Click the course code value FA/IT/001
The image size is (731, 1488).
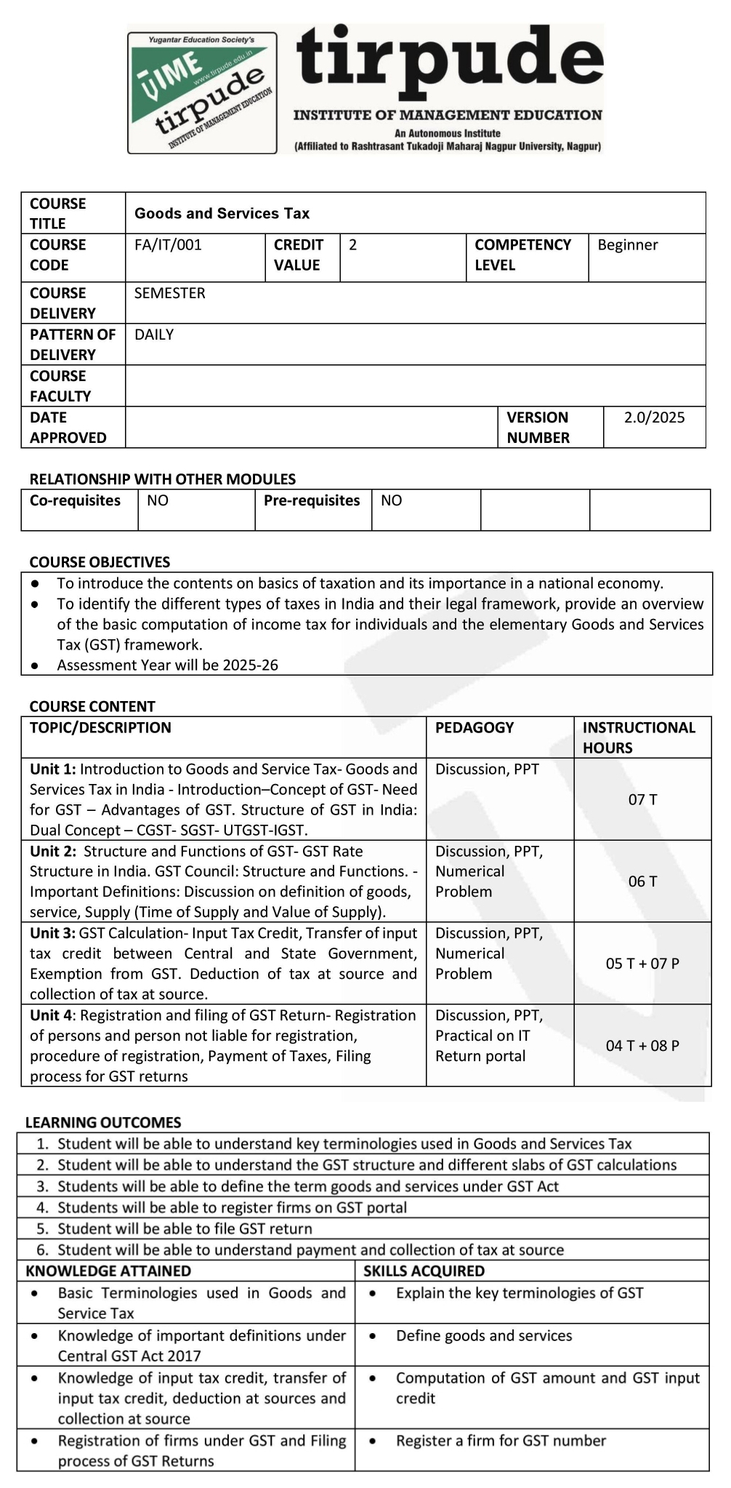coord(168,245)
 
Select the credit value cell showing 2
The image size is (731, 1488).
coord(353,245)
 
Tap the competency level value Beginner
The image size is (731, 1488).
coord(627,245)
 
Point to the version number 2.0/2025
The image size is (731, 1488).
coord(654,417)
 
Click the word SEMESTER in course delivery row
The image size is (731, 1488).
coord(169,293)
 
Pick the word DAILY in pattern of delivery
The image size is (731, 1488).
coord(154,335)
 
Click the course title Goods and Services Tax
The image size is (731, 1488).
coord(222,214)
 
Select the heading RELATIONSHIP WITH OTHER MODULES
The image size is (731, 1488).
coord(162,479)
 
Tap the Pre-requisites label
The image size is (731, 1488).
coord(312,500)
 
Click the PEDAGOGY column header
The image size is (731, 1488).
coord(474,727)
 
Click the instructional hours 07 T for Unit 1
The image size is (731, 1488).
coord(642,800)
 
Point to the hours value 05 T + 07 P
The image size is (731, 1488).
coord(642,964)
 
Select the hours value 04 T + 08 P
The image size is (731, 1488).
coord(642,1046)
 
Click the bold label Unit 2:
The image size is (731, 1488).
coord(53,852)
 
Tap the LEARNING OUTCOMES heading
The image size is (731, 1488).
coord(103,1122)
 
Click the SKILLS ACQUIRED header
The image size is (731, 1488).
coord(424,1271)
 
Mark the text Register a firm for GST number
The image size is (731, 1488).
coord(501,1441)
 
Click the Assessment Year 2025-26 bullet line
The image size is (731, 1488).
coord(167,665)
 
